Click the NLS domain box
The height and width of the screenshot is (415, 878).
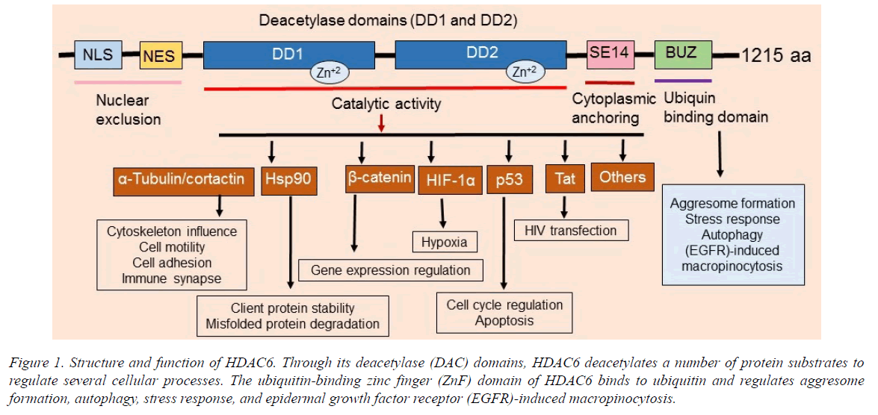coord(98,54)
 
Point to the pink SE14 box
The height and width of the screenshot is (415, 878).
coord(610,53)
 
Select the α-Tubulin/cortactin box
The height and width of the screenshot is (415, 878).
coord(181,180)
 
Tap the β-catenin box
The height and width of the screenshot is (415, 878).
coord(380,178)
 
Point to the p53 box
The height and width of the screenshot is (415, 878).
coord(510,180)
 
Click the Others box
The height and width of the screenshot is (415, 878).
coord(622,177)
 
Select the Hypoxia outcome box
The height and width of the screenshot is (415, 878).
coord(445,242)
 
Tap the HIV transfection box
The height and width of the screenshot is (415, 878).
coord(572,231)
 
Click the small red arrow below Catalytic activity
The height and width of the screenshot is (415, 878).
coord(382,123)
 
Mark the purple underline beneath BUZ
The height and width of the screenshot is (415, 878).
coord(682,80)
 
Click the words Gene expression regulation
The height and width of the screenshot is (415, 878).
coord(390,270)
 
